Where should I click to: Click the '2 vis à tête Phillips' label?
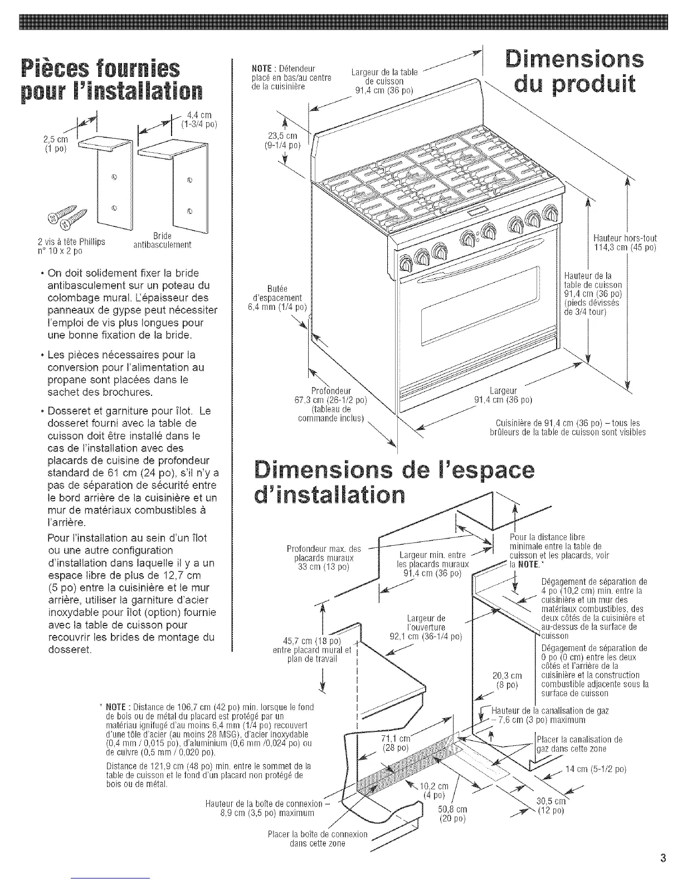point(71,246)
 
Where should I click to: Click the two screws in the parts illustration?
point(67,217)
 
